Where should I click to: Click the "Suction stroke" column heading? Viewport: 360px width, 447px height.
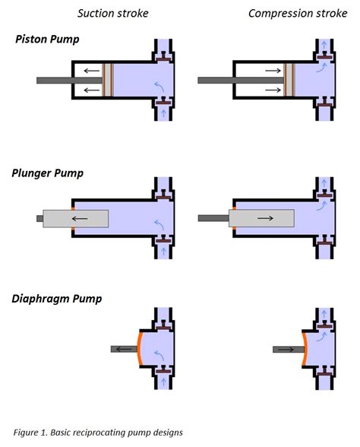point(112,14)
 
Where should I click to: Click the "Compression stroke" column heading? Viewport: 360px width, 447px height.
point(298,14)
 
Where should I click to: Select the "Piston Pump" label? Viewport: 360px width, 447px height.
point(47,40)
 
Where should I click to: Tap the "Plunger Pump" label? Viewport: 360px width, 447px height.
point(47,173)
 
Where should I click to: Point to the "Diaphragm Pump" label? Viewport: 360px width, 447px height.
point(57,299)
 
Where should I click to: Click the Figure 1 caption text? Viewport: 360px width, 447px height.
point(98,433)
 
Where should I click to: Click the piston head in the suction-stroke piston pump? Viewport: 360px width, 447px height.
point(108,80)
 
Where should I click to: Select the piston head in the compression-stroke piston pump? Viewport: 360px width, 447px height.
point(289,80)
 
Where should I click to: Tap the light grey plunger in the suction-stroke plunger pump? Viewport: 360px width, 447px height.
point(75,219)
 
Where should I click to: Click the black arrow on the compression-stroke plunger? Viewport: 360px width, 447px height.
point(265,218)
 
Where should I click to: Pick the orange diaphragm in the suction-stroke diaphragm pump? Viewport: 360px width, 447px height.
point(139,348)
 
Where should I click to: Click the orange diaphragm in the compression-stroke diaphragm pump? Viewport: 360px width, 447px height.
point(305,348)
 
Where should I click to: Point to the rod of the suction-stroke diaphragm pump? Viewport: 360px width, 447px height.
point(124,349)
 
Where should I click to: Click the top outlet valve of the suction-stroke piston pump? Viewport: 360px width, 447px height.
point(163,57)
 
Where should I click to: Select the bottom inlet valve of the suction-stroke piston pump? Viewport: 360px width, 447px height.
point(163,101)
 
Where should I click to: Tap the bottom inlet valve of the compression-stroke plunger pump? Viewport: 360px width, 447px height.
point(325,240)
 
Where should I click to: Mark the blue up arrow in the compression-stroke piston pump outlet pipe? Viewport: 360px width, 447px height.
point(324,45)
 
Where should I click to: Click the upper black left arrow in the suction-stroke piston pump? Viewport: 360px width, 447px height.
point(91,70)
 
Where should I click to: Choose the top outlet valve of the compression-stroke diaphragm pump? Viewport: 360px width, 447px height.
point(325,325)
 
